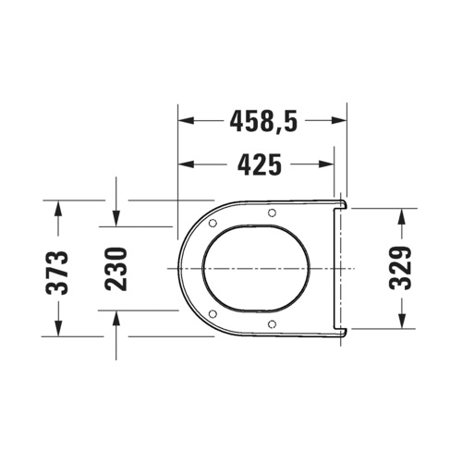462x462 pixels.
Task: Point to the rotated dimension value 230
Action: point(115,267)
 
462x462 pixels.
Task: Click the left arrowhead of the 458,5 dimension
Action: point(183,120)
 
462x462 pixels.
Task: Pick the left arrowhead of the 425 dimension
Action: point(183,164)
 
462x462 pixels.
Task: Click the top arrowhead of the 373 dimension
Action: point(57,205)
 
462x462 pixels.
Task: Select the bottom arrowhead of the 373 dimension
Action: point(57,330)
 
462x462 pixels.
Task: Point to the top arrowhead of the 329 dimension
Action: point(401,214)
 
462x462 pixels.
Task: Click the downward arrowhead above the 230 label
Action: point(115,220)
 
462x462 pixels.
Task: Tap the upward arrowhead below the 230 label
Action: point(115,316)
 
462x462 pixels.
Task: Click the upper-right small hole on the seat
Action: point(272,213)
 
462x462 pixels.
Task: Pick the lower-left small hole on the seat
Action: point(213,312)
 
